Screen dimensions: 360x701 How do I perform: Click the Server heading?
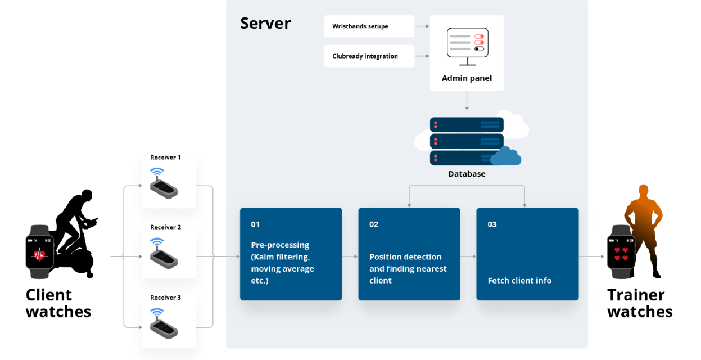[x=265, y=24]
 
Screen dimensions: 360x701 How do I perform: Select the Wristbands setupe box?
[x=369, y=26]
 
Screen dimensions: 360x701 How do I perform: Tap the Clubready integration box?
[x=369, y=56]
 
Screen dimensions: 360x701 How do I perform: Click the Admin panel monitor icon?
[x=467, y=46]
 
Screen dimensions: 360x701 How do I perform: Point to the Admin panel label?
[x=467, y=78]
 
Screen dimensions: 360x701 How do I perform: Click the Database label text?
[x=467, y=174]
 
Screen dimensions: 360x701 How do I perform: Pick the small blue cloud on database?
[x=505, y=157]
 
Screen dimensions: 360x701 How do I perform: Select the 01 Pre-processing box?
[x=291, y=254]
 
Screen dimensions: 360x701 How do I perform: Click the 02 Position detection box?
[x=409, y=254]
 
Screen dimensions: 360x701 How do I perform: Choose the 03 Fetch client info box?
[x=527, y=254]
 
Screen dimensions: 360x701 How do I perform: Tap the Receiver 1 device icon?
[x=164, y=183]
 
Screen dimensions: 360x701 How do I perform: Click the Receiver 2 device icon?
[x=164, y=253]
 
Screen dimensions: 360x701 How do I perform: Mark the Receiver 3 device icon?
[x=164, y=323]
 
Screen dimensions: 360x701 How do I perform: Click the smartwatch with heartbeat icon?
[x=39, y=253]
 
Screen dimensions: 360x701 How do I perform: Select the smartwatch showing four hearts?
[x=621, y=253]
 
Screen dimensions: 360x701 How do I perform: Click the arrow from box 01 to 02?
[x=350, y=256]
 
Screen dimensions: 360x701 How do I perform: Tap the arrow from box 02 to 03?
[x=468, y=256]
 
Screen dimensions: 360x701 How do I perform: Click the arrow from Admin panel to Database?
[x=467, y=101]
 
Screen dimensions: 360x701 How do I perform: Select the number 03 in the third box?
[x=492, y=224]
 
